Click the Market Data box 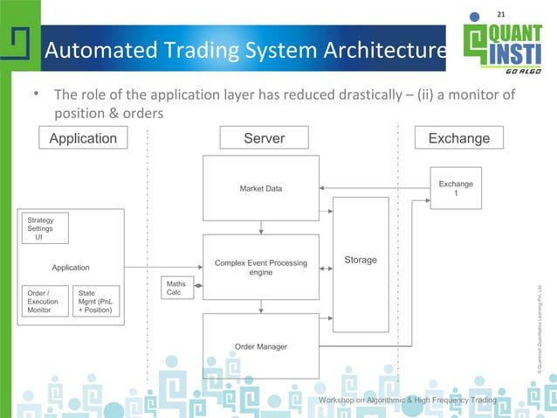(261, 188)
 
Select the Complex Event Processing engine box (261, 267)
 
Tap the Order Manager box (261, 346)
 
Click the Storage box (361, 261)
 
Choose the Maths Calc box (176, 288)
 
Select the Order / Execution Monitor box (44, 301)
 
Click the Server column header (265, 138)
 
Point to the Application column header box (83, 138)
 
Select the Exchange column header (458, 138)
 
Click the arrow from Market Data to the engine (261, 227)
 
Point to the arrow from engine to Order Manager (261, 306)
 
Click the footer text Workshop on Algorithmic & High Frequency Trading (408, 400)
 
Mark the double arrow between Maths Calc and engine (198, 285)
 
